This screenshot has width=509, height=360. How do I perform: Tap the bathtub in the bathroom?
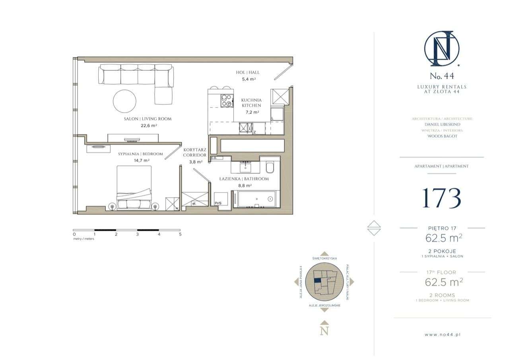click(256, 199)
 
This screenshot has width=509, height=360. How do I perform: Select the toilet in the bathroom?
click(269, 168)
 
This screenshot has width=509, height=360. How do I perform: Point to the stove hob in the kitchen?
click(227, 101)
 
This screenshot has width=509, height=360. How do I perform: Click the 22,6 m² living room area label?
click(147, 126)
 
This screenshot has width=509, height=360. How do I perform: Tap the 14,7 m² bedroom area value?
click(141, 160)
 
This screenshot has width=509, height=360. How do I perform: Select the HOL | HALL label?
click(247, 72)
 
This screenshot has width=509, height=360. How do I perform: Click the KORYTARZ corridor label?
click(195, 150)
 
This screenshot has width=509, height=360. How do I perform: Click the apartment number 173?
click(441, 198)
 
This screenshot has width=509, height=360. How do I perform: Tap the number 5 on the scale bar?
click(180, 234)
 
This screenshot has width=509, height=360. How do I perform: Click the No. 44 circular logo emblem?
click(441, 49)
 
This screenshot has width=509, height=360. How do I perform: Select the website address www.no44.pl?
click(442, 335)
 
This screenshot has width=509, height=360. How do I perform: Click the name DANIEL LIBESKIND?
click(442, 124)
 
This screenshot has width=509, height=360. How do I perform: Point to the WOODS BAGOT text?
click(442, 136)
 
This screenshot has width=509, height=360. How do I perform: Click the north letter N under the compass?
click(324, 331)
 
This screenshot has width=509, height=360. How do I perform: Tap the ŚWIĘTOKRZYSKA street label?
click(324, 258)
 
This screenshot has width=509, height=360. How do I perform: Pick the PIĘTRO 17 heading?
click(442, 228)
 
